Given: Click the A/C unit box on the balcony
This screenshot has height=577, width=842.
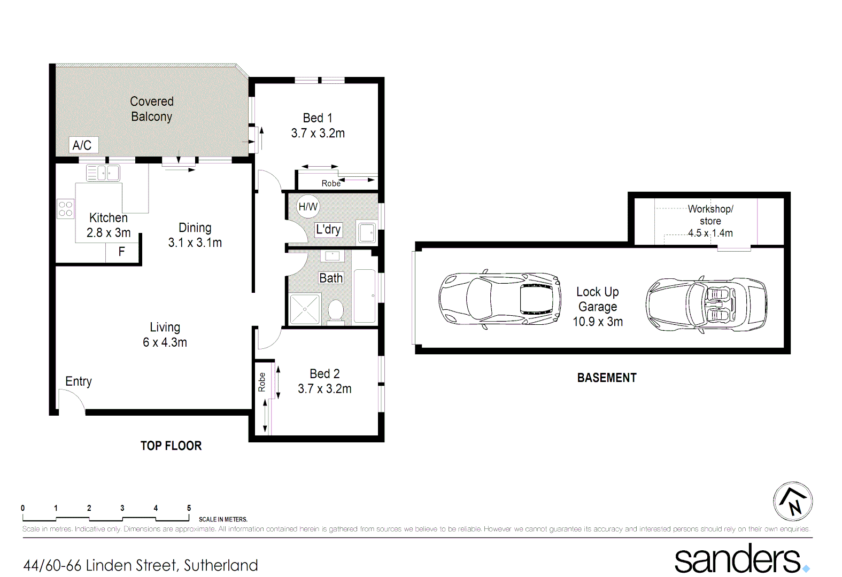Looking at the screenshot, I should [83, 145].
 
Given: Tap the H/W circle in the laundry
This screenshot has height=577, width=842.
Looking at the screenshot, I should [308, 207].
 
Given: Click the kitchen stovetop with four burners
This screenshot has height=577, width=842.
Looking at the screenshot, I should [65, 209].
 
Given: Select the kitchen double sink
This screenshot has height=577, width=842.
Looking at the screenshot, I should [103, 173].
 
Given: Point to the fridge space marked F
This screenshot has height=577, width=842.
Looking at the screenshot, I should [122, 252].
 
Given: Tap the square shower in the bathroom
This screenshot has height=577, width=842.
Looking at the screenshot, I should [304, 309].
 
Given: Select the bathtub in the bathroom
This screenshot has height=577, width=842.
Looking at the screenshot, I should [365, 295].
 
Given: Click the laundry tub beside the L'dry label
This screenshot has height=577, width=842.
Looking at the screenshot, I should [367, 233].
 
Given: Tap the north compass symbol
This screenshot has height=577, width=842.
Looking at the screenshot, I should [793, 502].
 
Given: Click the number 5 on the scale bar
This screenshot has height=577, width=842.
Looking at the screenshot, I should [189, 508].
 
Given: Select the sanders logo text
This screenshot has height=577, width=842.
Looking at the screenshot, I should [738, 559].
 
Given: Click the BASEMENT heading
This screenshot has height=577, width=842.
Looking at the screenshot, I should [607, 378].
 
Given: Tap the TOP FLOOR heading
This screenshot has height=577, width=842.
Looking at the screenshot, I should [171, 446].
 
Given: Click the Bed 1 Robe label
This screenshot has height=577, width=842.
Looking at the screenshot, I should [331, 183].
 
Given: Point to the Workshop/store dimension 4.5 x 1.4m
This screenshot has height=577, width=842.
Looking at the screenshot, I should [710, 233].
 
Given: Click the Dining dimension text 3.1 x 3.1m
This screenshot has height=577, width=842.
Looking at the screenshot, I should [195, 243].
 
